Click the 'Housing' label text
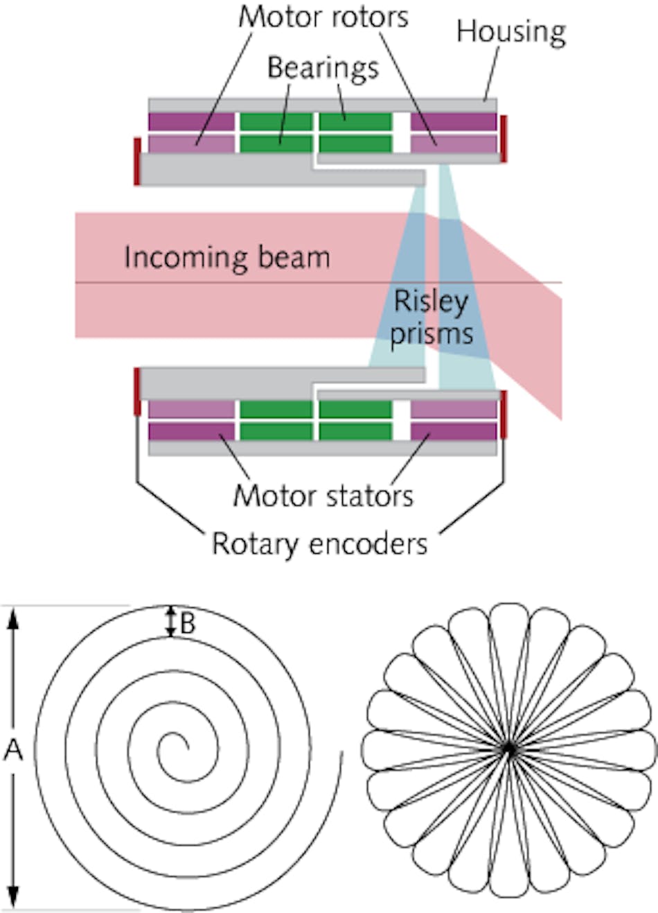[x=511, y=32]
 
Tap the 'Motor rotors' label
[x=323, y=17]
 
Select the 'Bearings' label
[x=323, y=68]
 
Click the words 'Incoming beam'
[x=226, y=258]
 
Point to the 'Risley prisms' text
[x=431, y=318]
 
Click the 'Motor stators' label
[x=323, y=496]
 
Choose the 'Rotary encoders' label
[x=319, y=544]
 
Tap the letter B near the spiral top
[x=188, y=624]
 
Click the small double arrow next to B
[x=170, y=622]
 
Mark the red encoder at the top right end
[x=504, y=139]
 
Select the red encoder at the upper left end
[x=137, y=161]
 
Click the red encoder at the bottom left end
[x=137, y=392]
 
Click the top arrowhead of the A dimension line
[x=12, y=617]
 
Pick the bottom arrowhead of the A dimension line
[x=12, y=898]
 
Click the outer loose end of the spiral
[x=341, y=757]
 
